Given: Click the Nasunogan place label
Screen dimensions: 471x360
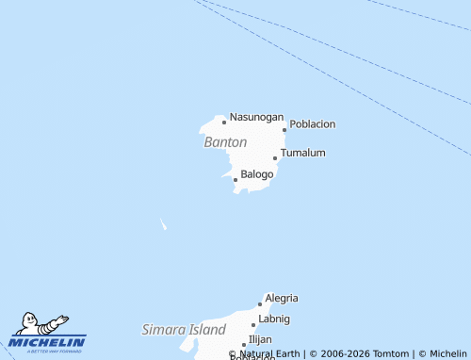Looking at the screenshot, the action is pos(256,118).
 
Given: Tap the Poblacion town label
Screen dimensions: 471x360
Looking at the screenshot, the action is pos(313,124).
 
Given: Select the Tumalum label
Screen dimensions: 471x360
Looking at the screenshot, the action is pos(302,153).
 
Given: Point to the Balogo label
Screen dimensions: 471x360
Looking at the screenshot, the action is pos(256,174).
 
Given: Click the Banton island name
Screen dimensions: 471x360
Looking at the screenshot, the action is pos(225,142).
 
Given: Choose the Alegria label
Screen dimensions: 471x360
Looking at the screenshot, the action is pos(282,298).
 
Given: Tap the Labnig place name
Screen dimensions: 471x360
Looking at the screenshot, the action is pos(274,319).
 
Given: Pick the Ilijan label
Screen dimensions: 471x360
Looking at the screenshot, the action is pos(260,339).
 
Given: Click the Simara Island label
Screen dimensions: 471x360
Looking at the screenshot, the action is pos(184,330).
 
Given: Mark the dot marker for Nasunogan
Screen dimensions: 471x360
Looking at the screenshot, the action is pos(224,122).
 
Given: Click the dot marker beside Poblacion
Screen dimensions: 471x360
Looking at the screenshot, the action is pos(284,129).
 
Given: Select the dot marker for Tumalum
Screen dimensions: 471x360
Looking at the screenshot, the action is pos(275,157).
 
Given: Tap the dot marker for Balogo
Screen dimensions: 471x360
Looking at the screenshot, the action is pos(235,179).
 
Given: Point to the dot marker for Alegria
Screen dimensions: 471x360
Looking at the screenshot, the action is pos(260,303).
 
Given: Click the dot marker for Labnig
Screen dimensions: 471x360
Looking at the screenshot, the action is pos(253,324).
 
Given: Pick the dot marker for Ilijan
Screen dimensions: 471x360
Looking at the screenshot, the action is pos(243,345).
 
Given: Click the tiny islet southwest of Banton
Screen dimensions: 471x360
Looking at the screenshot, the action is pos(163,225).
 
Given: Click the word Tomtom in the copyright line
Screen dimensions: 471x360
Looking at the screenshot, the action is pos(394,353).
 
